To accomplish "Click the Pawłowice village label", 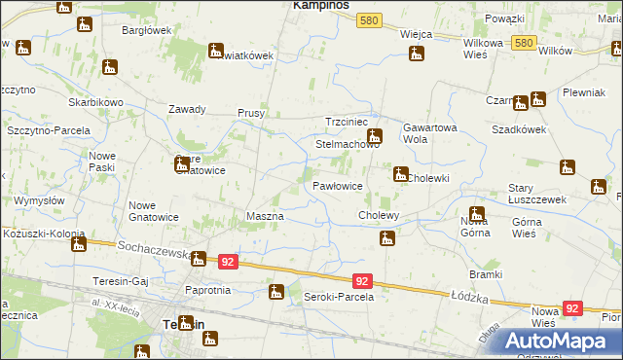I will (x=338, y=185).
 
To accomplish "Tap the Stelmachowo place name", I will (x=347, y=144).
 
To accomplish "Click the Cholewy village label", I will (x=380, y=214).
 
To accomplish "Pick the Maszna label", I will (x=265, y=215).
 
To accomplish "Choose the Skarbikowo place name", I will (x=94, y=102).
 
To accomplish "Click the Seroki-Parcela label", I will (x=339, y=296).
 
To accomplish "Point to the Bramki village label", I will (x=485, y=274).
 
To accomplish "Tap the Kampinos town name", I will (x=323, y=5).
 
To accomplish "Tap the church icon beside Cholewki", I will (x=399, y=175).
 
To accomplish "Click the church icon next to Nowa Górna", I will (x=476, y=214).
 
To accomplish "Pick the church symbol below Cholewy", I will (x=387, y=237).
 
